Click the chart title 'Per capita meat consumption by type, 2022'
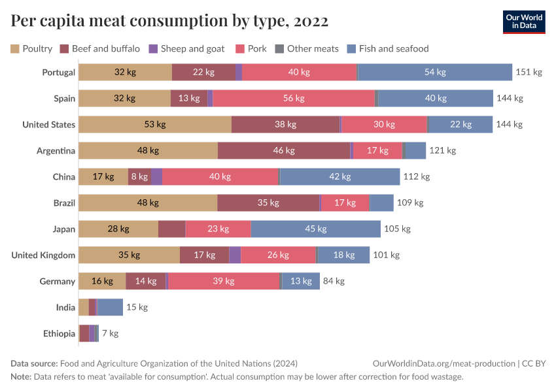click(169, 22)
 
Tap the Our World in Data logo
click(524, 22)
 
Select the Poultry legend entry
click(31, 48)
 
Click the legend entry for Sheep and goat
click(186, 48)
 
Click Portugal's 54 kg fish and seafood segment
click(435, 73)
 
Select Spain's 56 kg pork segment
click(294, 99)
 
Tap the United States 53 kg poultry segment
click(155, 125)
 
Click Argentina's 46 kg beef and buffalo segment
click(284, 151)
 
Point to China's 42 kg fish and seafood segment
click(339, 177)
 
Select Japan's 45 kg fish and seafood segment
click(315, 229)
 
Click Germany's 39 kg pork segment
click(224, 282)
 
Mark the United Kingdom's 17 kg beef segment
click(204, 255)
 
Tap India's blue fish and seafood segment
click(111, 308)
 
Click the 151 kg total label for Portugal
click(529, 73)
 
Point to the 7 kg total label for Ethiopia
click(110, 334)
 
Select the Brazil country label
click(64, 203)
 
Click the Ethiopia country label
click(59, 334)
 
